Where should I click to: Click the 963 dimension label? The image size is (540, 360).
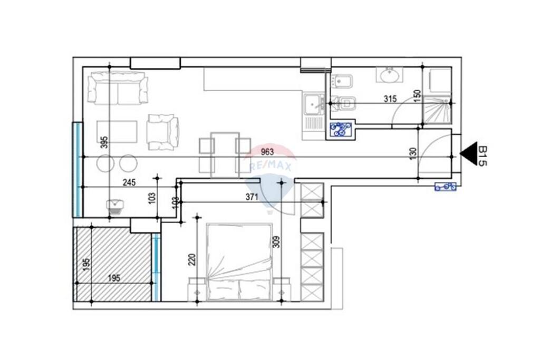(267, 152)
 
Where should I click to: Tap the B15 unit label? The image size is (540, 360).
(483, 156)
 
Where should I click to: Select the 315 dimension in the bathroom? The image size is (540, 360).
(390, 99)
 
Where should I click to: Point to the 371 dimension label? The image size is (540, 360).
(252, 197)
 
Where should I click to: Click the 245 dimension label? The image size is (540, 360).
(129, 182)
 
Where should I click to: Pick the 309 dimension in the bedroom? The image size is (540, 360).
(276, 241)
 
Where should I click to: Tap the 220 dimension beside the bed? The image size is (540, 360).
(192, 259)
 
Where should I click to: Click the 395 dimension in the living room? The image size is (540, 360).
(104, 142)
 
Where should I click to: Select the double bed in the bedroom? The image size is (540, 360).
(239, 262)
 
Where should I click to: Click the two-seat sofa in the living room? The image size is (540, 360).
(118, 88)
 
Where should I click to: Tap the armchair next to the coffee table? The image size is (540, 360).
(163, 132)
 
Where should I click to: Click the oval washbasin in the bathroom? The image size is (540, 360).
(392, 75)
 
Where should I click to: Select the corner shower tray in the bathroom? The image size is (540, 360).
(437, 110)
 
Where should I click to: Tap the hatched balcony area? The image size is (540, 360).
(113, 264)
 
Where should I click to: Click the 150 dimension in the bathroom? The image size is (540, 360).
(418, 96)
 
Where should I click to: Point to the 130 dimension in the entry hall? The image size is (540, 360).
(413, 153)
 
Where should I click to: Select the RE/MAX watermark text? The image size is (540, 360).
(271, 167)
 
